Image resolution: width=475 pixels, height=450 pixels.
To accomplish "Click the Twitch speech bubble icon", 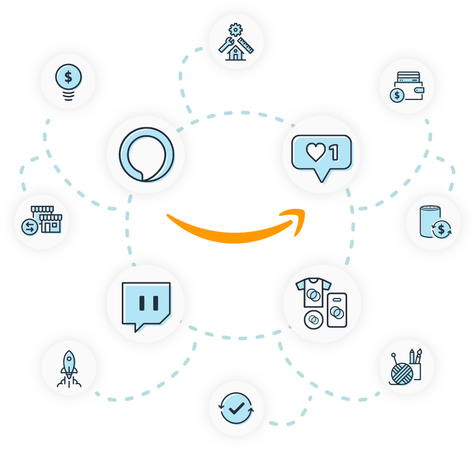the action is [x=146, y=304].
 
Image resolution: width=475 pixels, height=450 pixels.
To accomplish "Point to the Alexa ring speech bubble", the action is [x=146, y=155].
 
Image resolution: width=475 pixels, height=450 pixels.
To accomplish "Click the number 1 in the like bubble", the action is [x=334, y=151].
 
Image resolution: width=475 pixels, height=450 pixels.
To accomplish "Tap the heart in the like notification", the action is [x=316, y=152].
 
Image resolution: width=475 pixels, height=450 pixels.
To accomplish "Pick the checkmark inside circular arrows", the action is [x=236, y=408].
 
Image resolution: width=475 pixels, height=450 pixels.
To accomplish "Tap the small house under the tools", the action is [x=234, y=53].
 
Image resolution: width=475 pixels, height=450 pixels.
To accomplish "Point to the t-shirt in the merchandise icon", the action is [x=313, y=292].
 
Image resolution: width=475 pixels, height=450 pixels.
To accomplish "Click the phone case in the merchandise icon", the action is [x=336, y=310].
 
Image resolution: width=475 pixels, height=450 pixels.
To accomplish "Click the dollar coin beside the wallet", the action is [x=397, y=95].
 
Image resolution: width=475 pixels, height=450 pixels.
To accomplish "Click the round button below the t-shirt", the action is [x=314, y=320].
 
